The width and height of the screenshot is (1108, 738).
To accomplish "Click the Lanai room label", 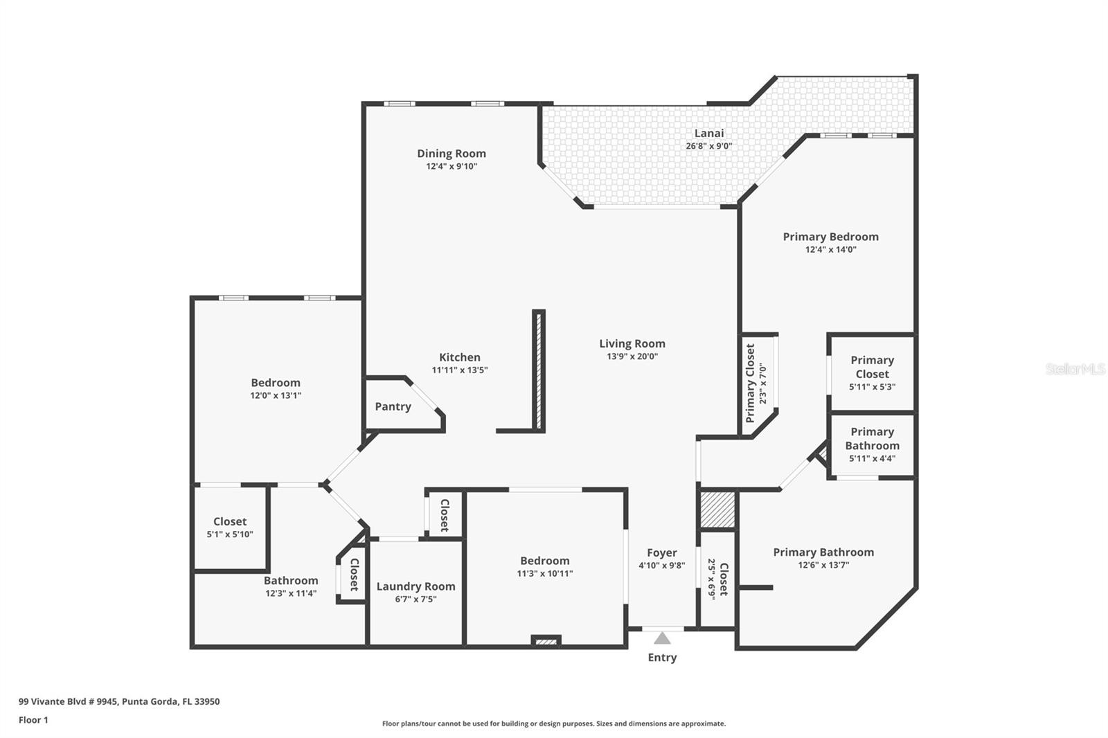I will click(x=709, y=134).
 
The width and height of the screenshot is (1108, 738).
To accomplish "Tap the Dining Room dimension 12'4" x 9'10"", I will click(x=452, y=166).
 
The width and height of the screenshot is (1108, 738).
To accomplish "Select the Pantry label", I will click(x=393, y=406).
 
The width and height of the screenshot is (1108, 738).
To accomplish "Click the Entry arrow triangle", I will click(x=662, y=638).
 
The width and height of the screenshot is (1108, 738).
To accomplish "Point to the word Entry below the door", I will click(x=662, y=658).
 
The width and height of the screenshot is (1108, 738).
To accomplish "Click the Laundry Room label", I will click(x=415, y=586).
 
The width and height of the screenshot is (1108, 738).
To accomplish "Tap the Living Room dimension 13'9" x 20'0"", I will click(x=632, y=357).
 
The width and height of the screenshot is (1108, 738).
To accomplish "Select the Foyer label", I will click(x=662, y=552).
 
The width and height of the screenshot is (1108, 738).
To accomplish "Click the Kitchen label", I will click(x=460, y=357).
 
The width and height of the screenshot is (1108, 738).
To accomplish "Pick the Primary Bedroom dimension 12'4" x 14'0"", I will click(x=830, y=249).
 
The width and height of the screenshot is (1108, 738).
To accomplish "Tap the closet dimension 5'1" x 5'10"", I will click(x=230, y=534).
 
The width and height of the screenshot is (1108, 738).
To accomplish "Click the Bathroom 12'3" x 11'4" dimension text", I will click(x=291, y=593).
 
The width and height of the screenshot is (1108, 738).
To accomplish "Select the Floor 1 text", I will click(x=33, y=720).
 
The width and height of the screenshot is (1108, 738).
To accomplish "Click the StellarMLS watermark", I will click(x=1075, y=369).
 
